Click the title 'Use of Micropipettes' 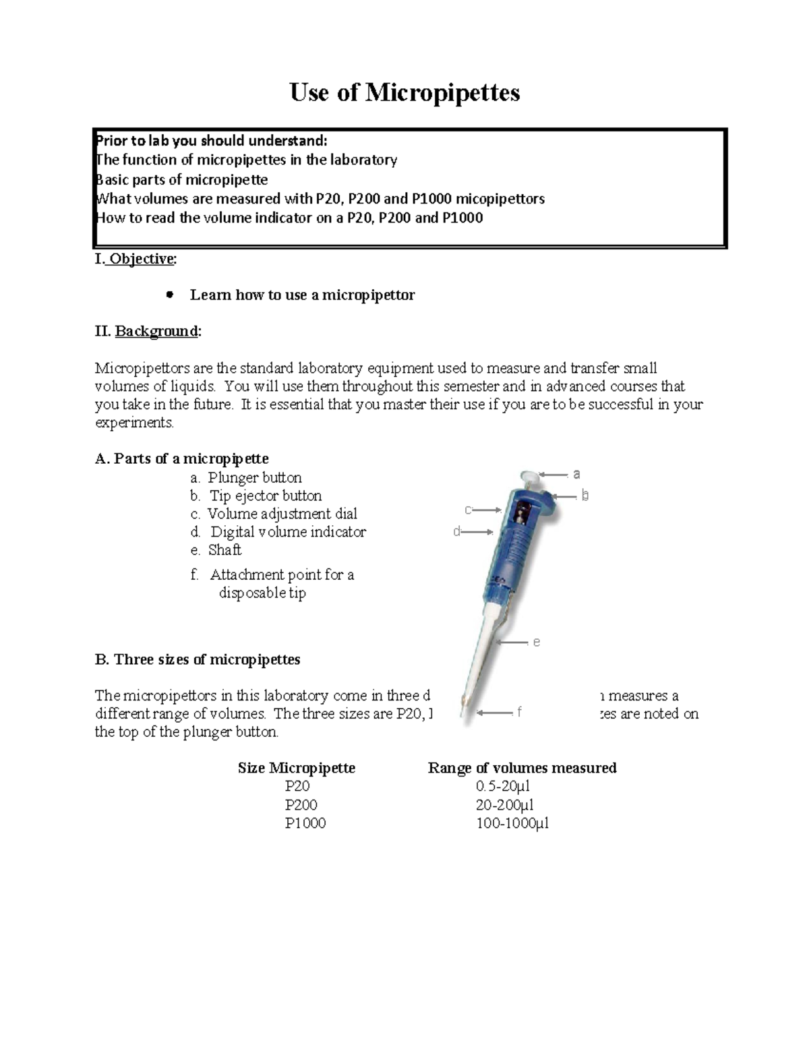(x=404, y=92)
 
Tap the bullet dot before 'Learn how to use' (x=170, y=295)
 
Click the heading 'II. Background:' (x=148, y=331)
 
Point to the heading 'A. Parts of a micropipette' (x=181, y=458)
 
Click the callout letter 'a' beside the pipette (x=576, y=475)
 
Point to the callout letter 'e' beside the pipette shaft (x=537, y=642)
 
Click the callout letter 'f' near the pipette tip (x=519, y=712)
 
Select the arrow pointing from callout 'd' (x=478, y=532)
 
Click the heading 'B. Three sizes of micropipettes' (x=198, y=659)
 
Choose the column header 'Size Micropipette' (x=296, y=768)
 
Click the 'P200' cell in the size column (x=301, y=805)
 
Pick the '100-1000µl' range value (x=512, y=823)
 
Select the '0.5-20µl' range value (x=503, y=786)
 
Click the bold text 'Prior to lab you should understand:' (x=211, y=140)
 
